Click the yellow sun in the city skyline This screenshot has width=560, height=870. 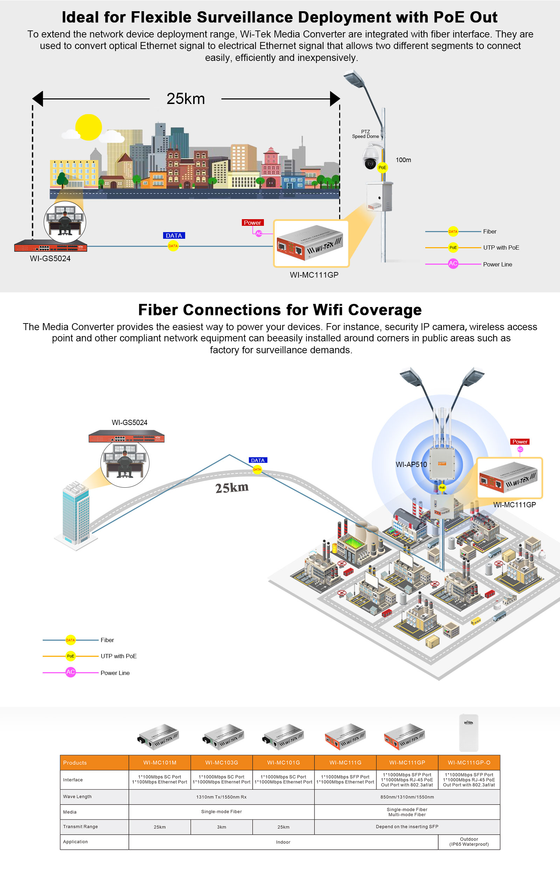(88, 127)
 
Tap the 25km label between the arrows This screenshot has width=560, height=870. (185, 99)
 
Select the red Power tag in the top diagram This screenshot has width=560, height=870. (252, 223)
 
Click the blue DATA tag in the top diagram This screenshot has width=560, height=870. (174, 236)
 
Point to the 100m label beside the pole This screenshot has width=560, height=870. (403, 160)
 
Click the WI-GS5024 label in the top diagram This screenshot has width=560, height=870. (50, 259)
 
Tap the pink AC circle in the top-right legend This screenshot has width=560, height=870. (453, 264)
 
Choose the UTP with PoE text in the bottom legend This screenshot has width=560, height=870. (119, 656)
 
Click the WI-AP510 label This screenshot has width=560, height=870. (411, 465)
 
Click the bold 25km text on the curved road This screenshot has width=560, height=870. (232, 488)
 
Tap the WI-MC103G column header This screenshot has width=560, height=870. (222, 763)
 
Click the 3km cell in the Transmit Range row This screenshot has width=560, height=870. (222, 827)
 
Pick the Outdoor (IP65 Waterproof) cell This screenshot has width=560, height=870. (469, 842)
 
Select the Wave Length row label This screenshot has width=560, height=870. (77, 796)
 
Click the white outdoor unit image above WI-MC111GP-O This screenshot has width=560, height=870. (468, 733)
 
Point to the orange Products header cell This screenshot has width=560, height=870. (94, 763)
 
